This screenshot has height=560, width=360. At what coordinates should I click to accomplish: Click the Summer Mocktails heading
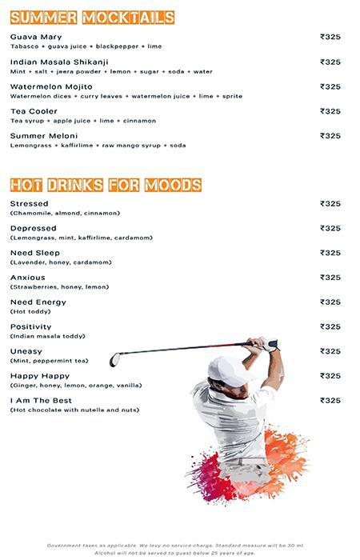click(92, 17)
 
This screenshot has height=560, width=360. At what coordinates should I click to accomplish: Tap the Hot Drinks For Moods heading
click(105, 185)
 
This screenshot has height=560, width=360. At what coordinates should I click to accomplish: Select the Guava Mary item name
click(36, 37)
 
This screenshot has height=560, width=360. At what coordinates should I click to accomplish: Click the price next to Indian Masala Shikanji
click(330, 62)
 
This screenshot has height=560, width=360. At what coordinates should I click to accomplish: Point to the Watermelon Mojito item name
click(51, 86)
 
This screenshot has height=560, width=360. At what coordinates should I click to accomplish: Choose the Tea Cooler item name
click(33, 111)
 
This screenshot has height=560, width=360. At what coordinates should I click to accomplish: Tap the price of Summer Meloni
click(330, 135)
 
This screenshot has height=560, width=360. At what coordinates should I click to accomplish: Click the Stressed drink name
click(30, 204)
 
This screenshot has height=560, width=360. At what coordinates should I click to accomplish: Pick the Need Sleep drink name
click(35, 253)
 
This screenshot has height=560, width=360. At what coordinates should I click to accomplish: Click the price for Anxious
click(330, 278)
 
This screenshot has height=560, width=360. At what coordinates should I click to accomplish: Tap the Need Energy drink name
click(38, 302)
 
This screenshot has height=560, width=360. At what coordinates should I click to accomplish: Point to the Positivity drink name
click(31, 327)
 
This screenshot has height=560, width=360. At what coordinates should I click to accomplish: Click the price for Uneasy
click(330, 351)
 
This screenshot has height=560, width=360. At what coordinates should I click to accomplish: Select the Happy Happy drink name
click(40, 376)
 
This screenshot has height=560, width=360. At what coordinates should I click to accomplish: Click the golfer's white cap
click(223, 369)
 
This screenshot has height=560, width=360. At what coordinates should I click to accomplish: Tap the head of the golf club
click(114, 359)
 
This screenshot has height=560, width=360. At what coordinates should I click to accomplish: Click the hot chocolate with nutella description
click(74, 410)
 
